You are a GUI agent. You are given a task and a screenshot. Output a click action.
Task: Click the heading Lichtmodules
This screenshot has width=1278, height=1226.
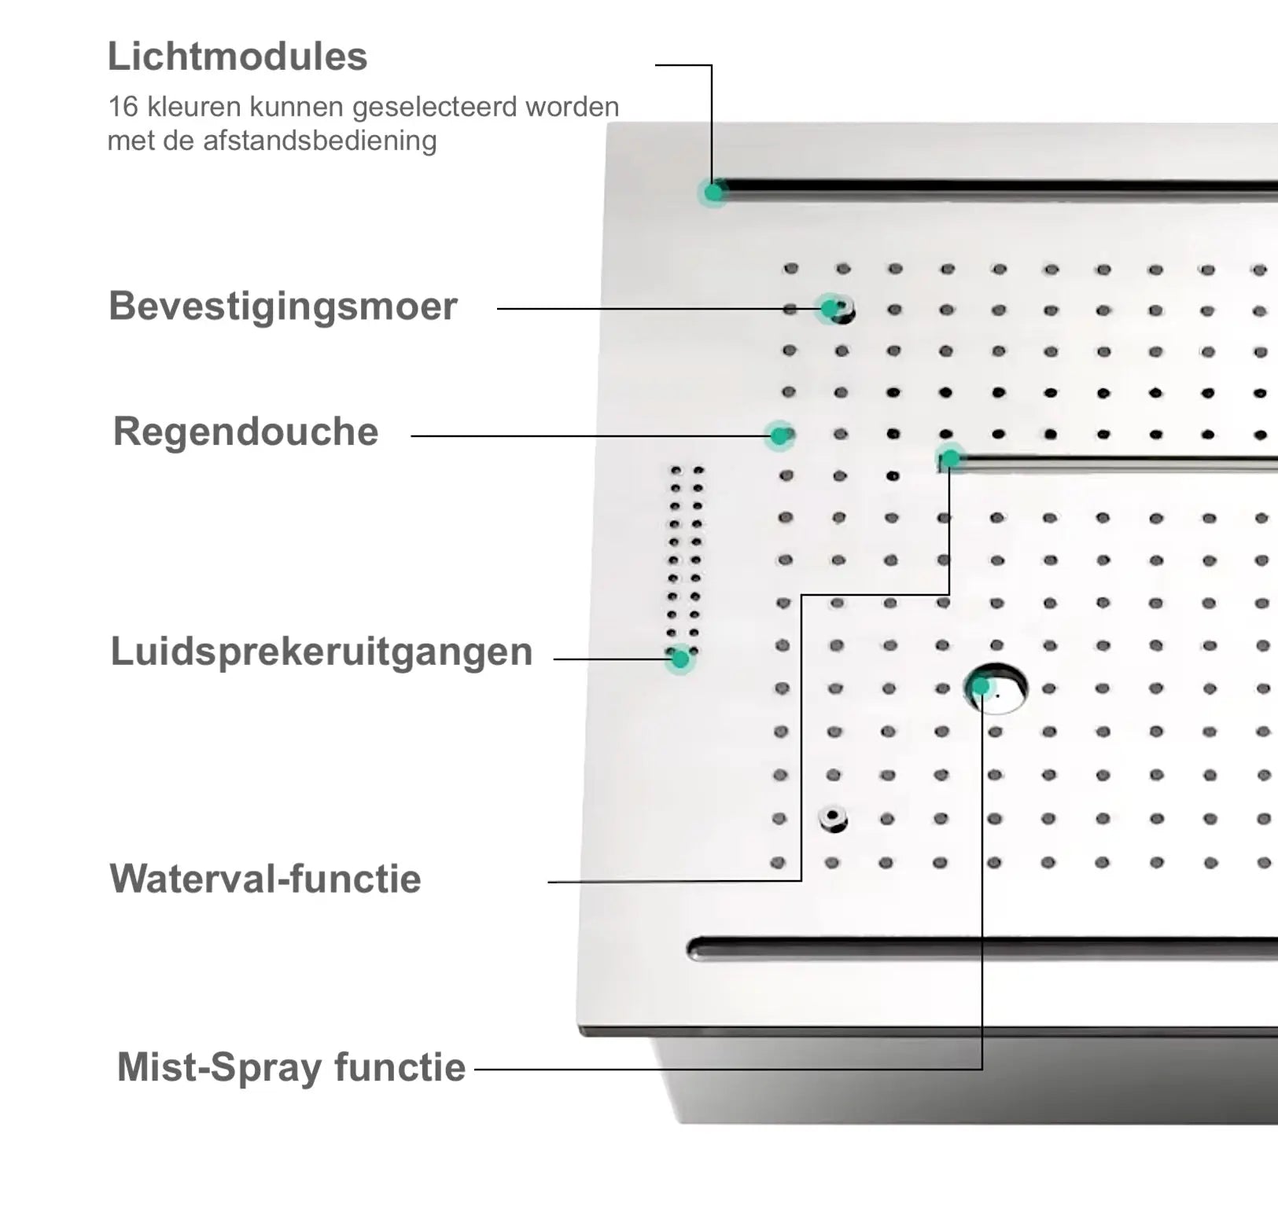click(x=237, y=57)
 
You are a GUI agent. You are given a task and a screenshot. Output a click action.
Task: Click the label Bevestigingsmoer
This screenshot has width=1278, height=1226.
click(x=282, y=306)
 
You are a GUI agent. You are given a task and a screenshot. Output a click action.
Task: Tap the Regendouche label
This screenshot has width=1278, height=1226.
click(x=245, y=431)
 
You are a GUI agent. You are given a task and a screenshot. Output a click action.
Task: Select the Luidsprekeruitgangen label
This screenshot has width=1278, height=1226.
click(x=321, y=652)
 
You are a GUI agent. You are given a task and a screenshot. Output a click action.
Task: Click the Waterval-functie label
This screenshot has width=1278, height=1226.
click(x=265, y=879)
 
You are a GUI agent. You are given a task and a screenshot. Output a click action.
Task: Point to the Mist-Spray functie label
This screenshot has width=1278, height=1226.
click(x=291, y=1067)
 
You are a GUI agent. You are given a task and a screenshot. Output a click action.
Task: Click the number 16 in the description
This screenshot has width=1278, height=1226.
click(x=122, y=107)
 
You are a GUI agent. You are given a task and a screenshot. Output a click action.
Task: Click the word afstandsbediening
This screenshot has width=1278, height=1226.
click(x=319, y=141)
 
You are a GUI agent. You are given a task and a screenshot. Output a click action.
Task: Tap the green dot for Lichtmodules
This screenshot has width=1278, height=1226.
click(x=714, y=192)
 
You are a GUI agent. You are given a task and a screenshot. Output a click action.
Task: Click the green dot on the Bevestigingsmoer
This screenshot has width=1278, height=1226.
click(x=830, y=308)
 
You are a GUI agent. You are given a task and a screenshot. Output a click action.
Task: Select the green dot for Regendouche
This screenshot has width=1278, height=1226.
click(x=779, y=435)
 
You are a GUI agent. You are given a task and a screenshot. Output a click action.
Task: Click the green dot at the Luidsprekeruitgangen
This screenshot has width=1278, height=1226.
click(x=680, y=659)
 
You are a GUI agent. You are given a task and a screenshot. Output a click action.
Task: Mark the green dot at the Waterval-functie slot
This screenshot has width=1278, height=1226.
click(x=950, y=458)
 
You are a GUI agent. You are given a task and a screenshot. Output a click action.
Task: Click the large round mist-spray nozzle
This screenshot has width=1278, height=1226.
click(x=997, y=689)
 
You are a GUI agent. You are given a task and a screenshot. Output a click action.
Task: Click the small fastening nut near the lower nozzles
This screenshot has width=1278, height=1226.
click(x=832, y=819)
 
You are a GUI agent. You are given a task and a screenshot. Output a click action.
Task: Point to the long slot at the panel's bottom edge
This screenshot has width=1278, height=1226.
click(x=983, y=949)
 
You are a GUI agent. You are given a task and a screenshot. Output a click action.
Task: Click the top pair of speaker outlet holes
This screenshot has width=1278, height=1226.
click(x=687, y=471)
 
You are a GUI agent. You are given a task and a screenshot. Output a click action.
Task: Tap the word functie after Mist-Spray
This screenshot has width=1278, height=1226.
click(x=400, y=1067)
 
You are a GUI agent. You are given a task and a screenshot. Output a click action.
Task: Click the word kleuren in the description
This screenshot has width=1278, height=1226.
click(x=194, y=107)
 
